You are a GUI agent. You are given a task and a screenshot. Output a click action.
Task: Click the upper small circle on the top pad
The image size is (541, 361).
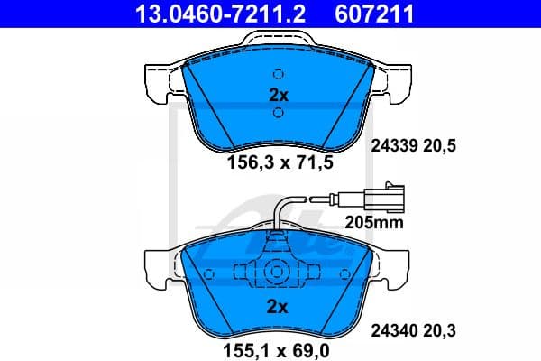coord(279,74)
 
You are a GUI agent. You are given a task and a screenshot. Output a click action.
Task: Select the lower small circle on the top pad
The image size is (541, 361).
coord(279,112)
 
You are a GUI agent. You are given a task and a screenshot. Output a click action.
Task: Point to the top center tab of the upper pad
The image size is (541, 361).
coord(278,41)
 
